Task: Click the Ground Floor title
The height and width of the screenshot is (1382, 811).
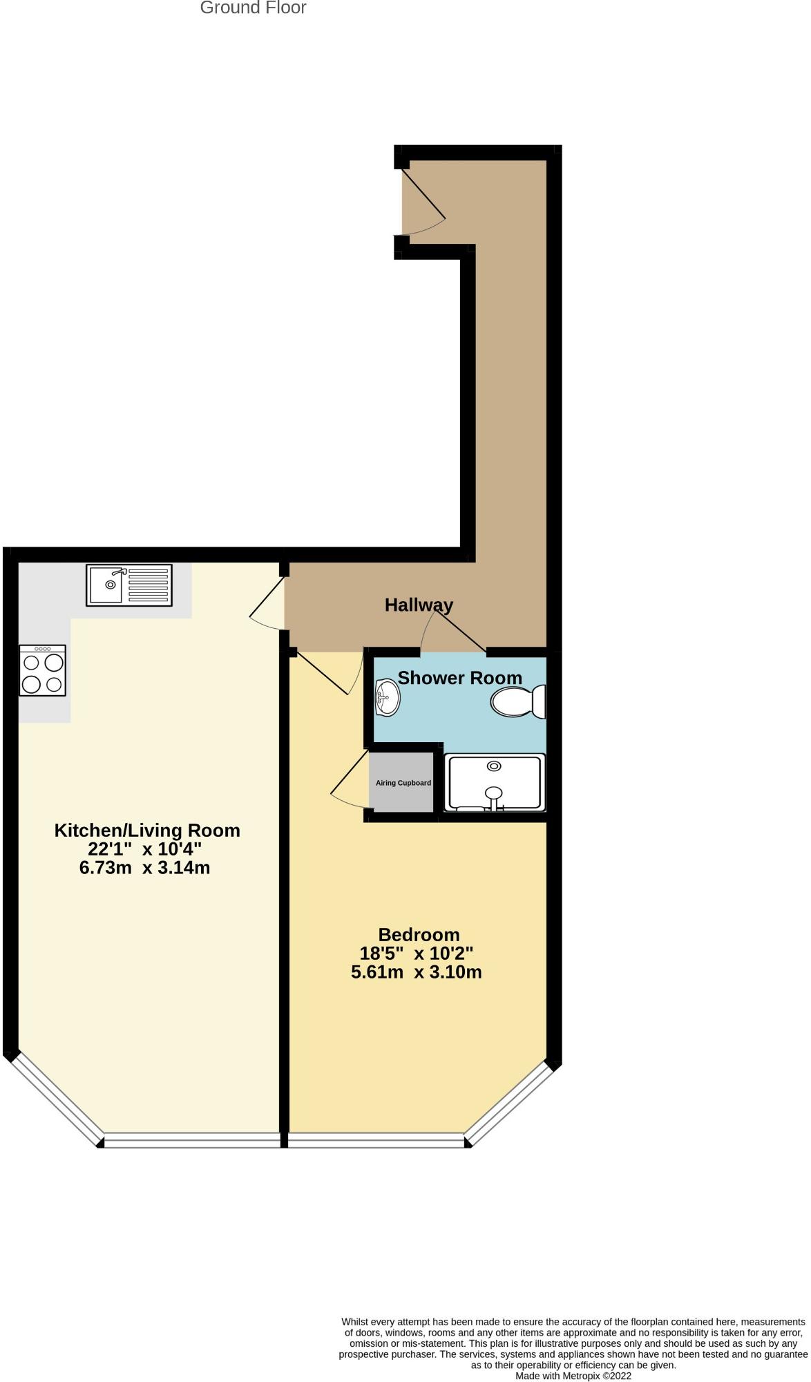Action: coord(253,8)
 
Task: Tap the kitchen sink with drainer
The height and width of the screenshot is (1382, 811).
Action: coord(129,585)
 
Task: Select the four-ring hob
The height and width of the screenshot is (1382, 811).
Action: coord(43,670)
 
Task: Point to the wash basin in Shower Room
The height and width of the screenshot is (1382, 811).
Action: coord(387,697)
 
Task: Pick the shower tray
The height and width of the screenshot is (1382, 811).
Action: coord(494,782)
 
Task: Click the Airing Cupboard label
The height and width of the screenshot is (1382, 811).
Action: coord(403,783)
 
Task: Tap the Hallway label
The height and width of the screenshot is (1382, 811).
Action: coord(419,605)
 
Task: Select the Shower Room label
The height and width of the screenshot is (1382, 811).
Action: coord(459,678)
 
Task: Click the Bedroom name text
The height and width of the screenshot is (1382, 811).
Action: coord(419,935)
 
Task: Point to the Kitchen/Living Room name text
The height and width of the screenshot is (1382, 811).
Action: coord(147,831)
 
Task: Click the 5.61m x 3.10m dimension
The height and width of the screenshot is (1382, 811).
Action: coord(416,972)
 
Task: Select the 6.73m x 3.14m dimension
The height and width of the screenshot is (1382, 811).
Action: coord(144,868)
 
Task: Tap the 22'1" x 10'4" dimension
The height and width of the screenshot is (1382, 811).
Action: coord(144,849)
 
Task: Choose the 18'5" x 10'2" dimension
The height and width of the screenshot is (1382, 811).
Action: coord(416,954)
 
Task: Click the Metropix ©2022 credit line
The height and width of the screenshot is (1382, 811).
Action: coord(573,1376)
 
